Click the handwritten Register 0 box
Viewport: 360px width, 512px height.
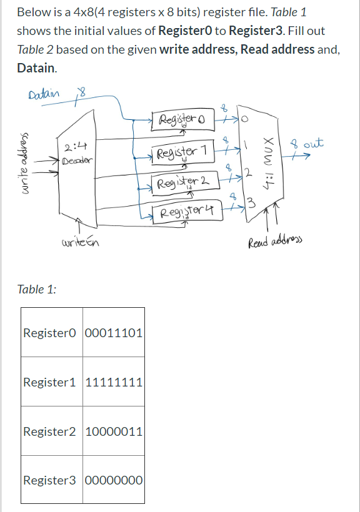(181, 119)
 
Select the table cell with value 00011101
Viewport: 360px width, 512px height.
(114, 333)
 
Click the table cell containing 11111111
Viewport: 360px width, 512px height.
(114, 382)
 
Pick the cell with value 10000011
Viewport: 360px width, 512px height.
(114, 431)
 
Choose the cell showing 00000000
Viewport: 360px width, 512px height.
(114, 480)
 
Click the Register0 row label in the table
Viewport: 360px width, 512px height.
(51, 333)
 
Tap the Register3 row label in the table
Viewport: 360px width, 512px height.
(51, 480)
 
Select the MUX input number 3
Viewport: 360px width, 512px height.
(251, 202)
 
